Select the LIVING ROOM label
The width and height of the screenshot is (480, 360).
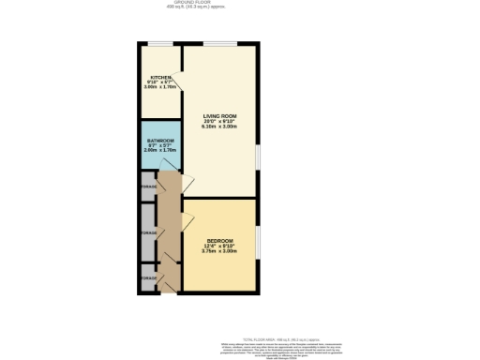(219, 117)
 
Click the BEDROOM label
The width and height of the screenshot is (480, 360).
(219, 241)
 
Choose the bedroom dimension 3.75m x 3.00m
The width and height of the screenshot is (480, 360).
(219, 251)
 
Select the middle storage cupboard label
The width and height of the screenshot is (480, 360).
(148, 232)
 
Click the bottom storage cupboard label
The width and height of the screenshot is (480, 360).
(148, 278)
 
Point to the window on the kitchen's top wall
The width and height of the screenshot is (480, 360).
(159, 44)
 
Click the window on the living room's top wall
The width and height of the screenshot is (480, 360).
(219, 44)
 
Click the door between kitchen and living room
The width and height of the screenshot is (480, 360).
(187, 85)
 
